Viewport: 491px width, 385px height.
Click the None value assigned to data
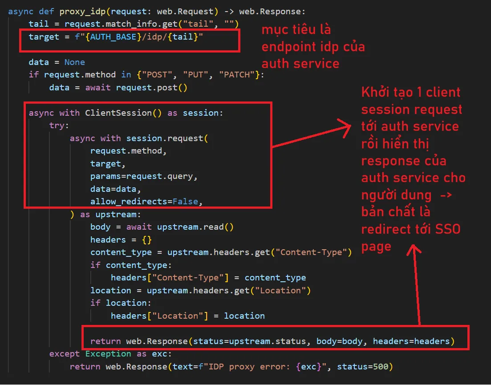74,62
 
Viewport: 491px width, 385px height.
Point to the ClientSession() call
123,113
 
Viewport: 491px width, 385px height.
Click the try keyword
59,126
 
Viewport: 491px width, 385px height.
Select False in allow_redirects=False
185,202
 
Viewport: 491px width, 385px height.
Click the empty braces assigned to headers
146,240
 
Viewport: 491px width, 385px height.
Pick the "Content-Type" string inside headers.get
311,252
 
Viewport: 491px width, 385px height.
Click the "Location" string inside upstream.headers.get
280,291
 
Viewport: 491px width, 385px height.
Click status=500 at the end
363,367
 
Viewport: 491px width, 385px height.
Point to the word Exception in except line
108,354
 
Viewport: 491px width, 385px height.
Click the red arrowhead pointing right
345,128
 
